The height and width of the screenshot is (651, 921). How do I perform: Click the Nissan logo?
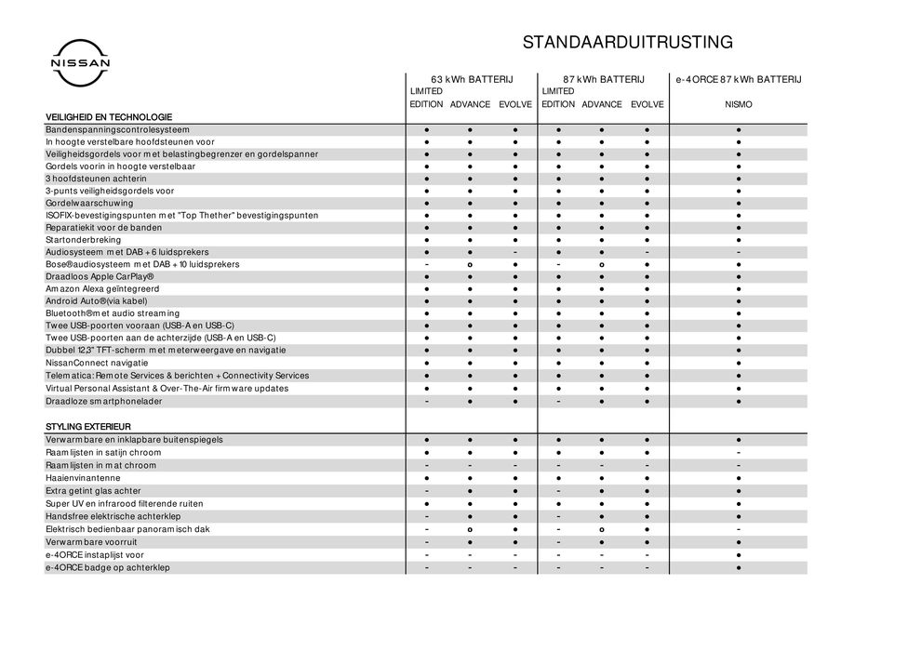click(79, 63)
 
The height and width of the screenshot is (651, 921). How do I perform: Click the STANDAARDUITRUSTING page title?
click(627, 42)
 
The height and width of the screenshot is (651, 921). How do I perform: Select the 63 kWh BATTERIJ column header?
click(472, 80)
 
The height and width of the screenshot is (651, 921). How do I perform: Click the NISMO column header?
click(738, 105)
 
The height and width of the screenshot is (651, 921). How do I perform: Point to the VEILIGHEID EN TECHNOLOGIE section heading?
click(109, 116)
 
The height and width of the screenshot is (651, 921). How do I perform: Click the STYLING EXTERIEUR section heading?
click(88, 427)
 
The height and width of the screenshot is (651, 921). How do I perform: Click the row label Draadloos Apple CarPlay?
click(100, 277)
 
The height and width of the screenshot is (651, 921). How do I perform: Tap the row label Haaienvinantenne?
click(83, 478)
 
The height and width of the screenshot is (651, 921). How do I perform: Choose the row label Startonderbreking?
click(83, 240)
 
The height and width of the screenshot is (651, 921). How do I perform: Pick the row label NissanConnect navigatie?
click(96, 363)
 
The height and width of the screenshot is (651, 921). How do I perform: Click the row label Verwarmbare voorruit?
click(91, 541)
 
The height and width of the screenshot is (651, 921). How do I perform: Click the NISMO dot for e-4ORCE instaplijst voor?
click(738, 554)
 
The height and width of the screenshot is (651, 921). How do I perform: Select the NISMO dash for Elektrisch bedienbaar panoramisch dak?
click(738, 529)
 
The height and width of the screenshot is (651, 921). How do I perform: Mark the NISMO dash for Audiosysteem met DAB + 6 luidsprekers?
click(738, 252)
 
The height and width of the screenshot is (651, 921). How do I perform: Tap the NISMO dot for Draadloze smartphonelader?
click(738, 401)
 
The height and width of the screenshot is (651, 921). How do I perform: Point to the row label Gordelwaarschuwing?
click(89, 203)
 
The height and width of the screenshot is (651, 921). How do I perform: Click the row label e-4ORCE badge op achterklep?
click(108, 567)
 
